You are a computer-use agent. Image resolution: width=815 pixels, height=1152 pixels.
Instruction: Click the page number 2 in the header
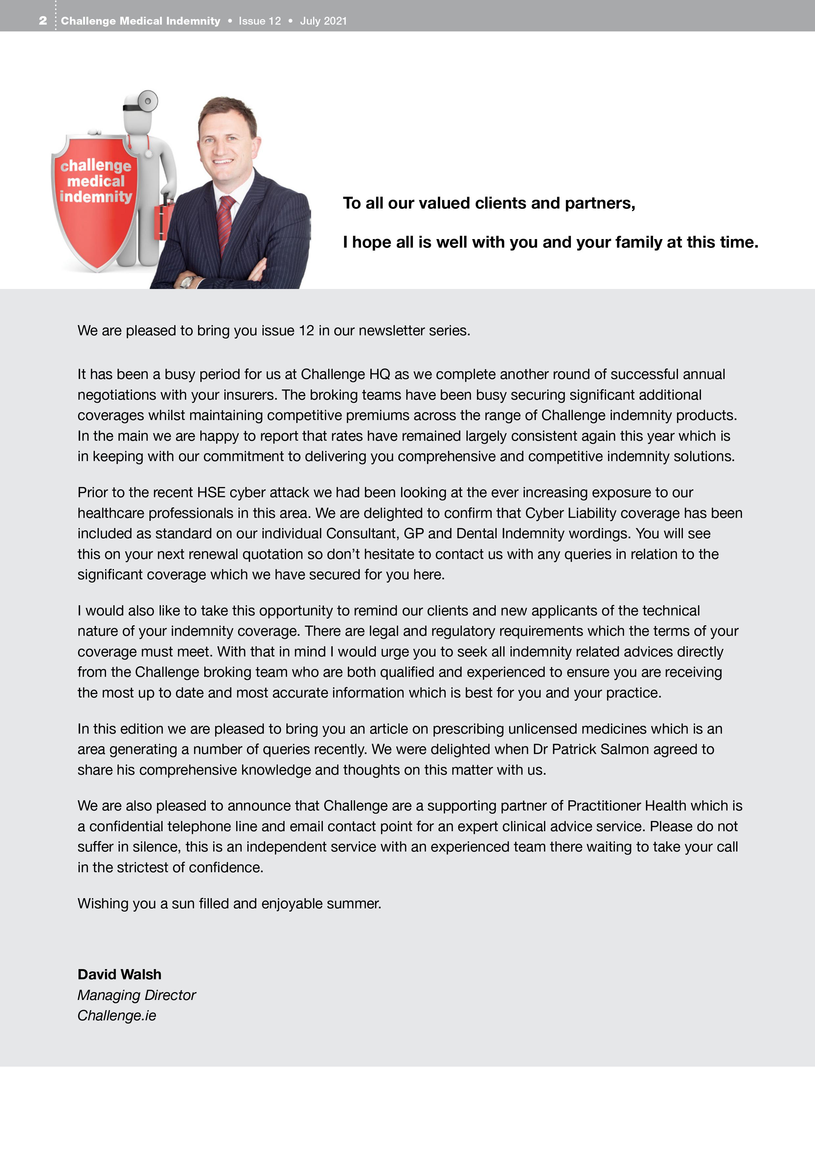pos(43,21)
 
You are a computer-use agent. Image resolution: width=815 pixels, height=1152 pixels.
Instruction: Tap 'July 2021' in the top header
pos(323,21)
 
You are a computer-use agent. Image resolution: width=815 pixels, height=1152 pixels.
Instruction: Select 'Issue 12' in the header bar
pos(260,21)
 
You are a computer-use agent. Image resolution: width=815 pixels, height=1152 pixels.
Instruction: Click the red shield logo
pos(95,201)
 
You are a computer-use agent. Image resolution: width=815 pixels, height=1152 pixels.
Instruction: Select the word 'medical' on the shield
pos(96,181)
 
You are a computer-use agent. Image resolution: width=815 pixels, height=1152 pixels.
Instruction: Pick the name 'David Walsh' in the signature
pos(120,974)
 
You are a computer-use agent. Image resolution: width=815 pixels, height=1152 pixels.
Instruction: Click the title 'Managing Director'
pos(137,995)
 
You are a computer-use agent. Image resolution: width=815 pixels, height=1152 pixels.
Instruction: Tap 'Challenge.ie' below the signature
pos(117,1015)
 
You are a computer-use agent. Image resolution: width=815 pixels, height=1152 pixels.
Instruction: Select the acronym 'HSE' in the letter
pos(211,493)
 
